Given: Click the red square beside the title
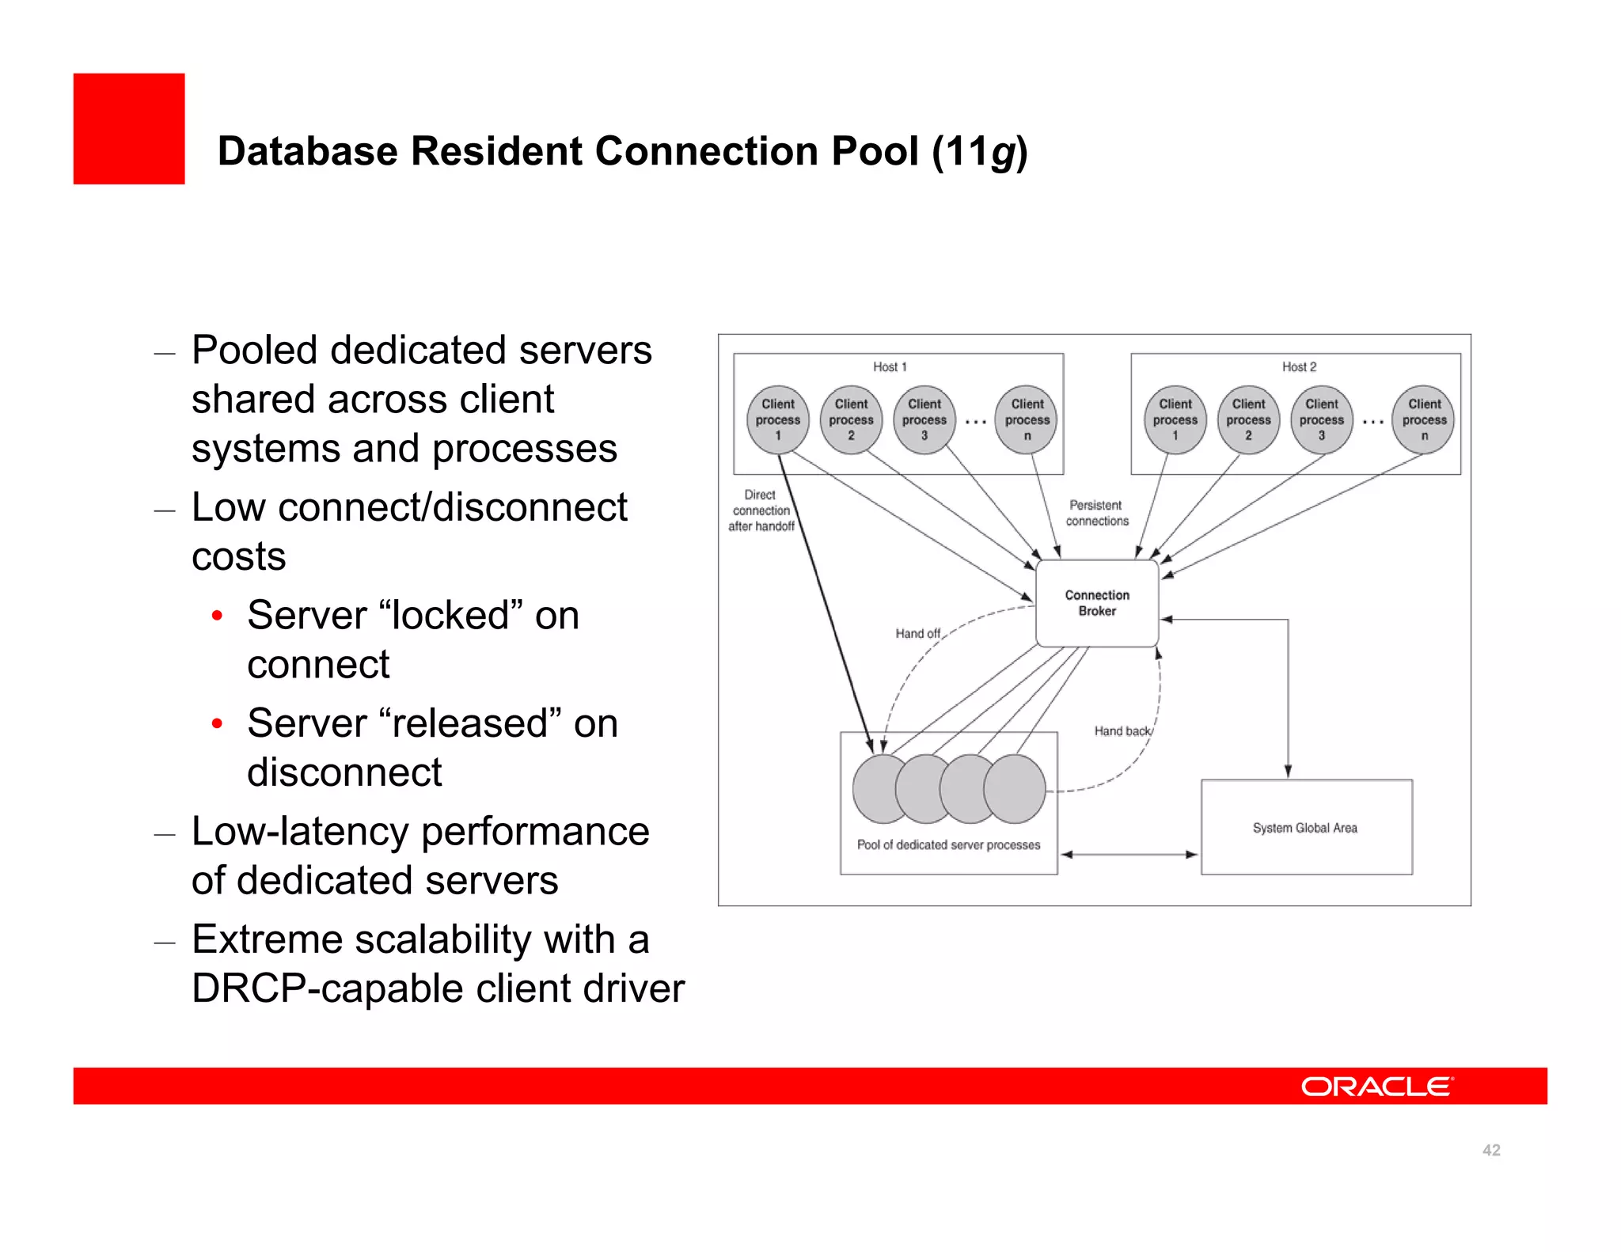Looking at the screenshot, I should point(129,129).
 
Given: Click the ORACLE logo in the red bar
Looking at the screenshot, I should point(1376,1086).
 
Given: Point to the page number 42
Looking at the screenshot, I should point(1491,1150).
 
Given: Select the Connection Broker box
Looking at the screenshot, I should point(1097,603).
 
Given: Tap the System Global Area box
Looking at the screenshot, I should point(1306,827).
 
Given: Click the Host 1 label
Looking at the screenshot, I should point(890,367).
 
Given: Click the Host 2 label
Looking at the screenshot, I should point(1299,367).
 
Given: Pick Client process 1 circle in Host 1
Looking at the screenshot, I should point(778,420).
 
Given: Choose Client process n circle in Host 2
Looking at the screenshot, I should point(1424,420).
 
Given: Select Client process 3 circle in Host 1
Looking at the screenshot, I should point(924,420).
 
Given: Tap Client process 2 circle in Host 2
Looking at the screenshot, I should point(1248,420).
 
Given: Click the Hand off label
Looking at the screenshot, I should point(917,633).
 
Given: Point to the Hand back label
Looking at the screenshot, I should point(1122,730).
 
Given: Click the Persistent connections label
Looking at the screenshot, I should point(1096,513).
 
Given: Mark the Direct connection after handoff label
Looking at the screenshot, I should point(761,510).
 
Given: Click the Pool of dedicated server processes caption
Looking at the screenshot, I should point(948,845).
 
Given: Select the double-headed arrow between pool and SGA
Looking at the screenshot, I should point(1129,855).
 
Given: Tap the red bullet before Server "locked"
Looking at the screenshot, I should point(217,616).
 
